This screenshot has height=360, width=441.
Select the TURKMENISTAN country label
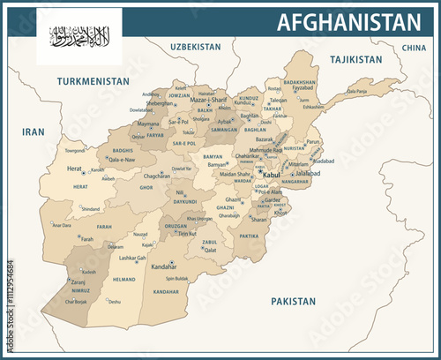coord(93,81)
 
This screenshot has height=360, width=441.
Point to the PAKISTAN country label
coord(293,301)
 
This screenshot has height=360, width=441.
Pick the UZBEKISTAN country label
coord(196,45)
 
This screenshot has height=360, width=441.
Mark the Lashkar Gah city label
coord(132,258)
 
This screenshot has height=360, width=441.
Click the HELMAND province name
coord(123,280)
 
